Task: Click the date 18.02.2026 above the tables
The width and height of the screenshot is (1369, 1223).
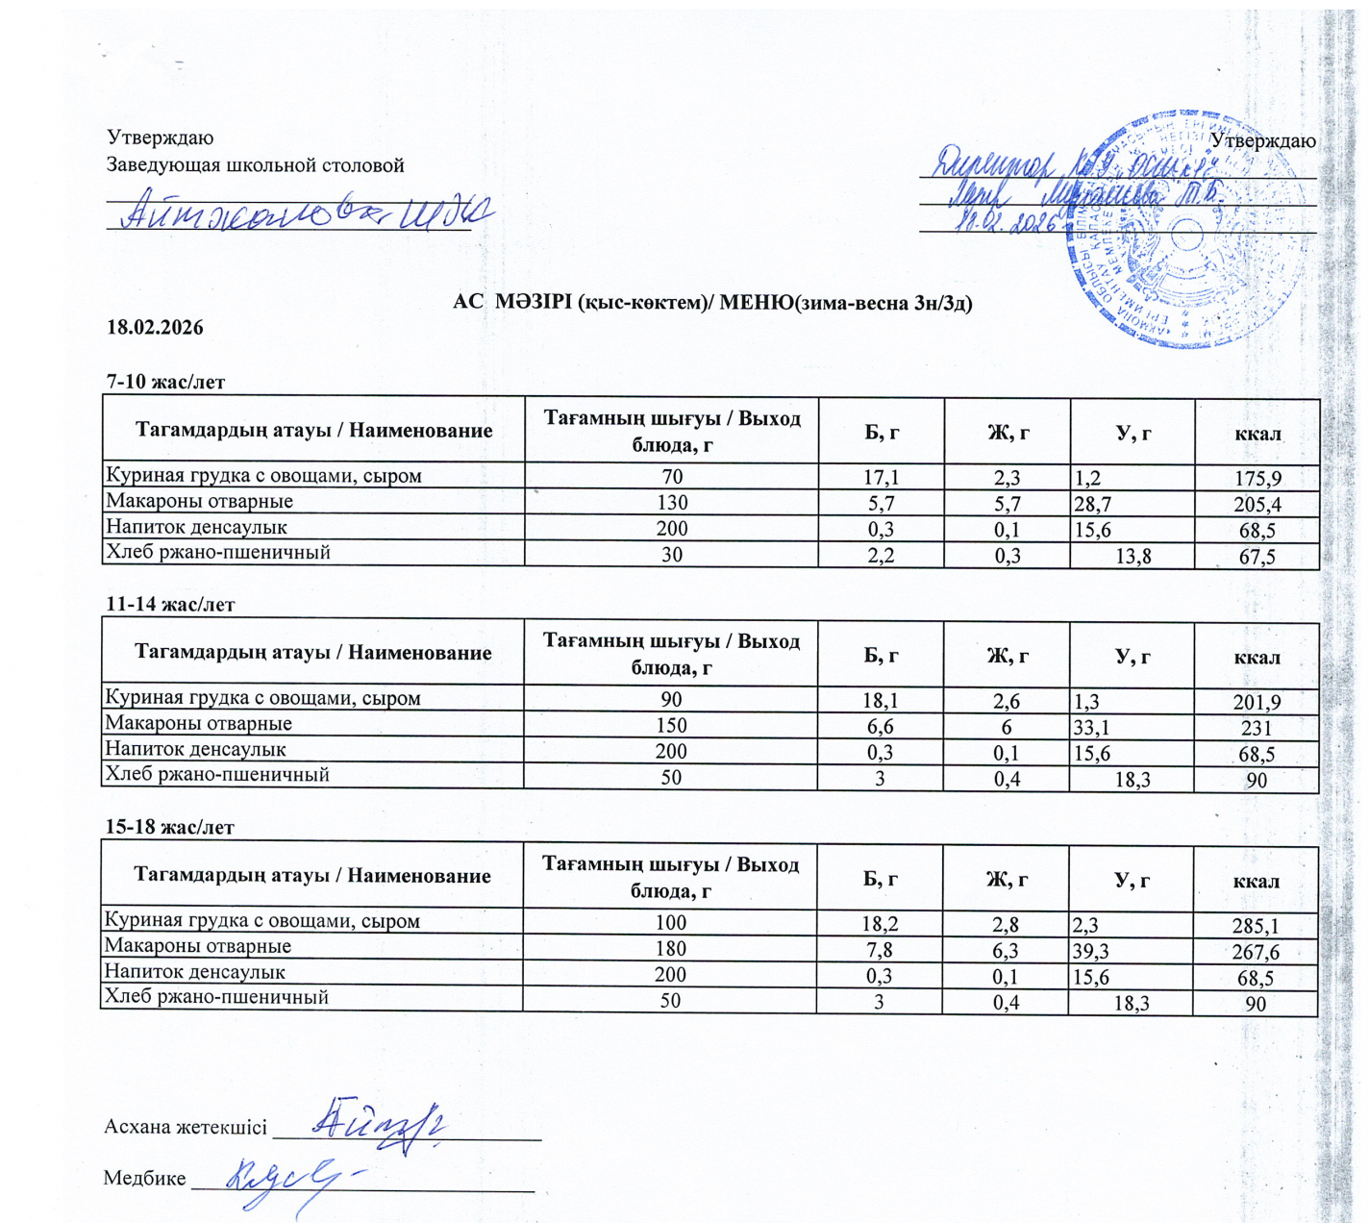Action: [155, 328]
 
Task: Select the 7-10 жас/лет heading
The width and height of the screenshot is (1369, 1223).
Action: [165, 382]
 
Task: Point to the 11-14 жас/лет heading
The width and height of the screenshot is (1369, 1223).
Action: [170, 605]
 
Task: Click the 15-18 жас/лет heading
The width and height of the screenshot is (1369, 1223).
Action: [169, 828]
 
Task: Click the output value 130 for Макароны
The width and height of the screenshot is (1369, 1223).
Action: [672, 503]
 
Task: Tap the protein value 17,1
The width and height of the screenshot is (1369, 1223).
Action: [881, 477]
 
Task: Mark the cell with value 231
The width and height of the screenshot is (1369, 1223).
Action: [1257, 728]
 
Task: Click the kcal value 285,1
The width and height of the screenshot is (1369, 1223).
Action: [1256, 926]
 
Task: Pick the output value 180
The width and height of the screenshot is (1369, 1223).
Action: [670, 949]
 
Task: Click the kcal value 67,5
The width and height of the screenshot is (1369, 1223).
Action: [1257, 557]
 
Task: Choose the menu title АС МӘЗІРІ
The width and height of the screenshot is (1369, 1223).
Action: [712, 303]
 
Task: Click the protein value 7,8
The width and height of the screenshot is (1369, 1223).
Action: [879, 951]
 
